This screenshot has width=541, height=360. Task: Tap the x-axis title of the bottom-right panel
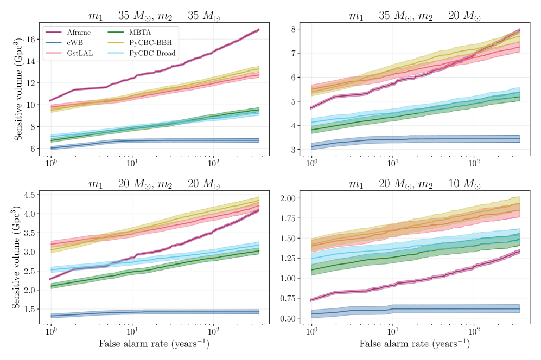click(x=415, y=344)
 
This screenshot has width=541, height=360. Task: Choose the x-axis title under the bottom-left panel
click(x=154, y=344)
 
